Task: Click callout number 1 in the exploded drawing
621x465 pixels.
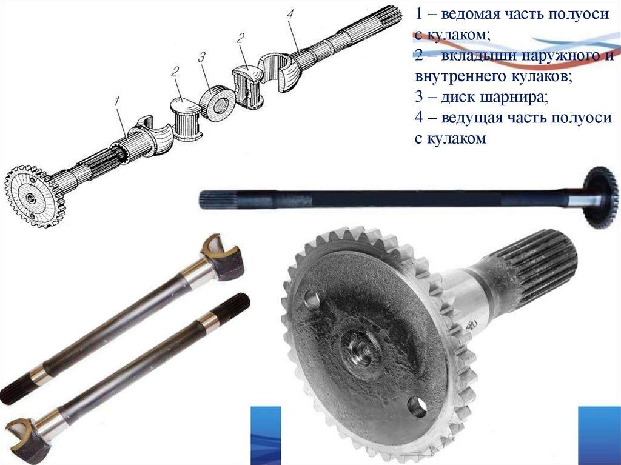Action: pyautogui.click(x=117, y=101)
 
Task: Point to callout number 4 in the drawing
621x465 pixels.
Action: pyautogui.click(x=290, y=15)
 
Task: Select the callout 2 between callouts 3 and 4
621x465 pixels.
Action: pyautogui.click(x=240, y=38)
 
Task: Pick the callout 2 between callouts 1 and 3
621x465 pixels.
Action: pyautogui.click(x=175, y=72)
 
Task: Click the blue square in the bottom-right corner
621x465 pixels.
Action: pyautogui.click(x=599, y=435)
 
